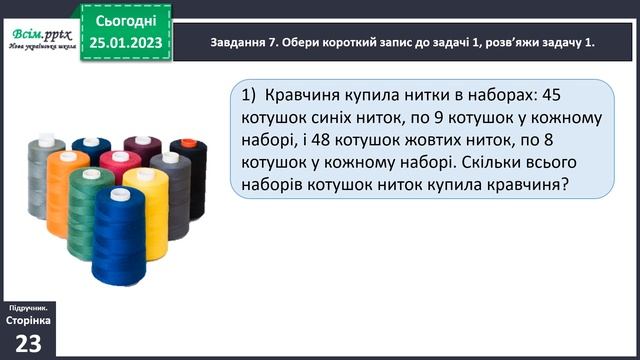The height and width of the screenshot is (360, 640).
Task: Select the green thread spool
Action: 89,211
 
